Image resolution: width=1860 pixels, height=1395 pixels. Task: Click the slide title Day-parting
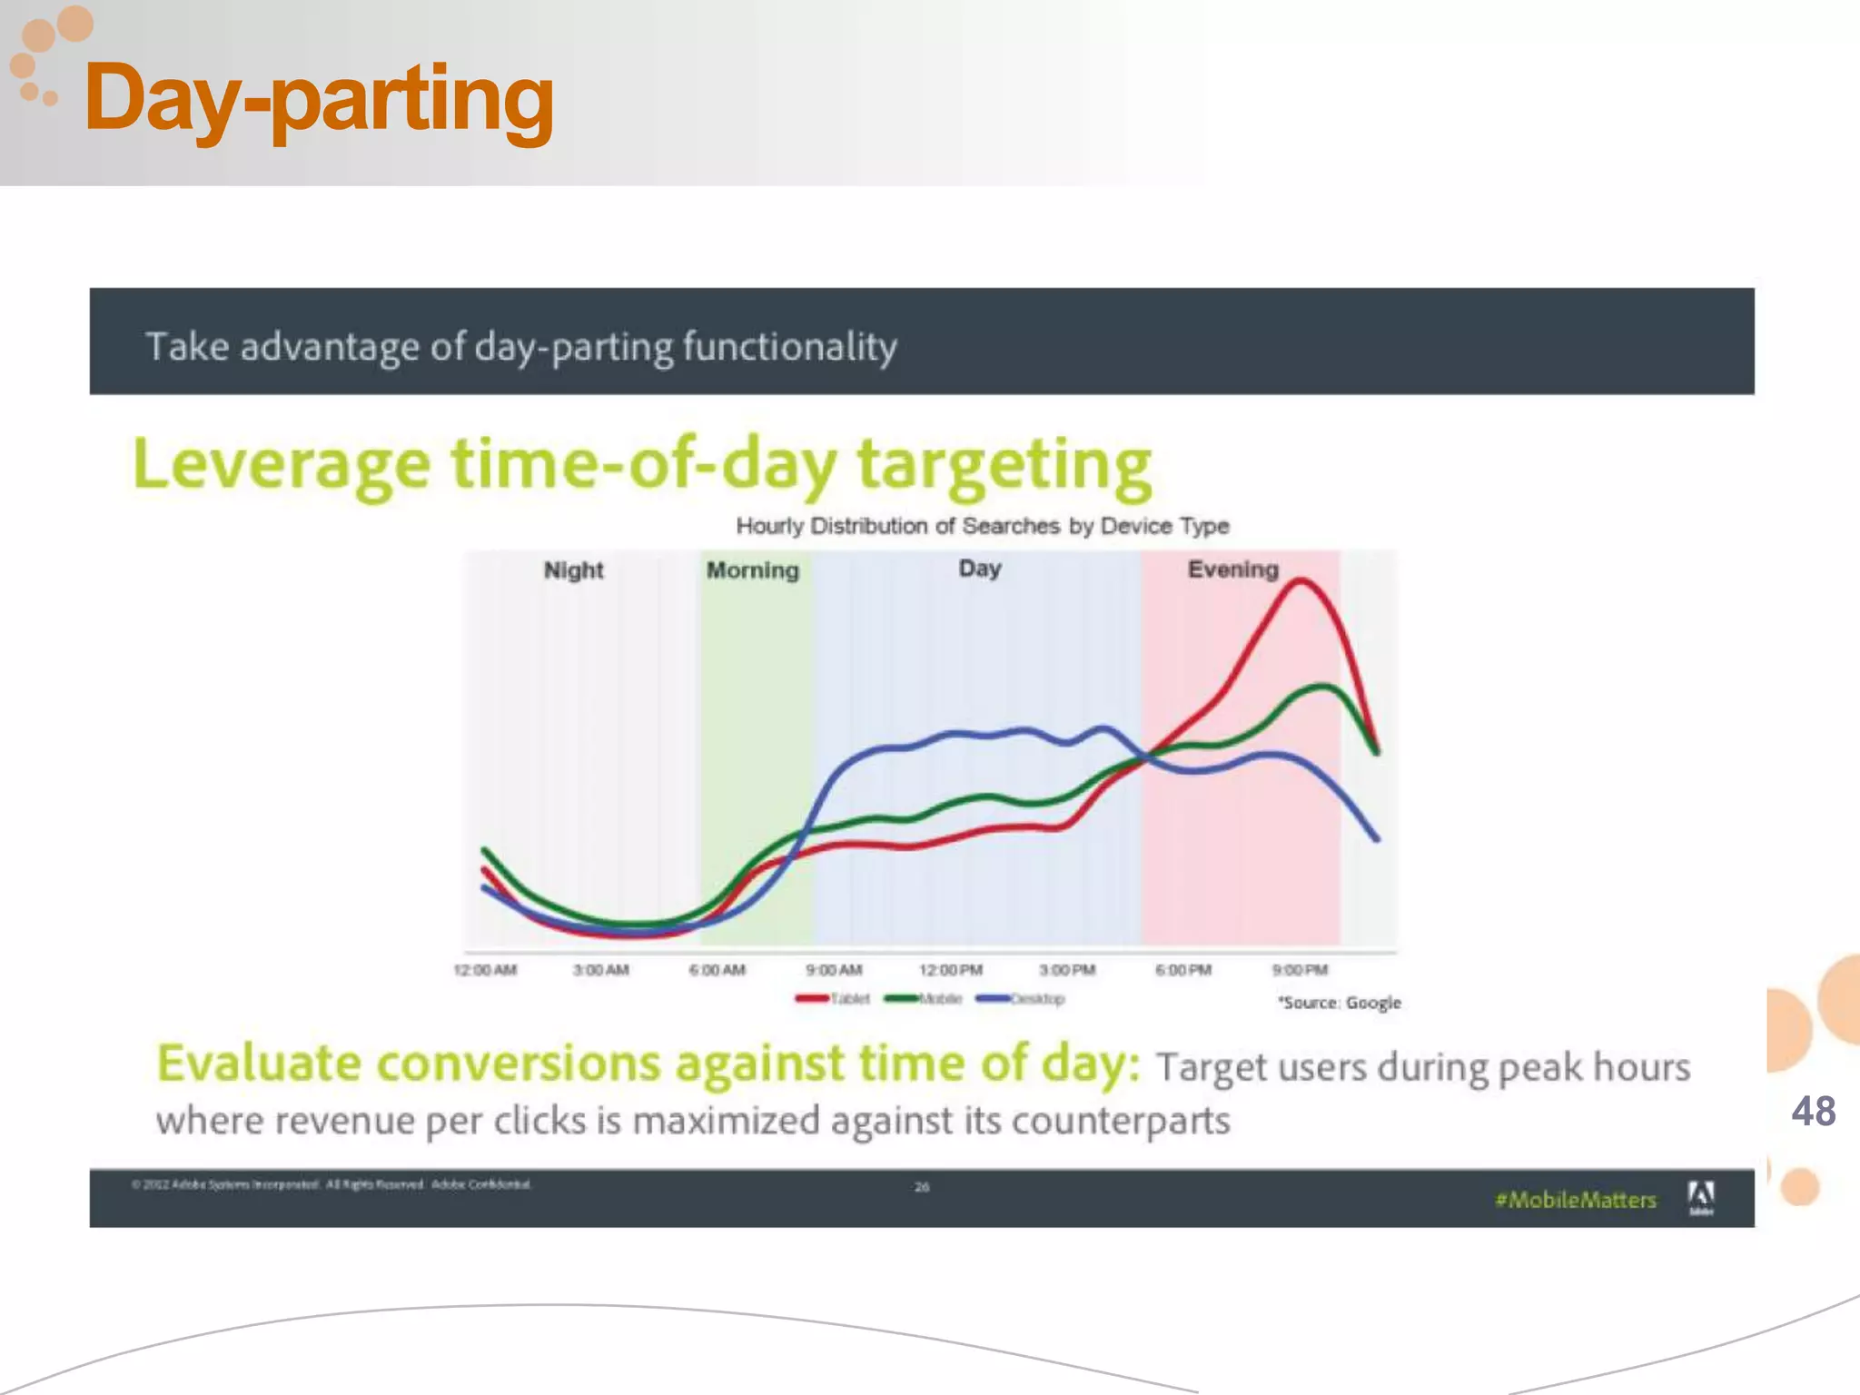318,98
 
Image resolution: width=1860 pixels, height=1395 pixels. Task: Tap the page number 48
1813,1112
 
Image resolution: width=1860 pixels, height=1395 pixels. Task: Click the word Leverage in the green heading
282,465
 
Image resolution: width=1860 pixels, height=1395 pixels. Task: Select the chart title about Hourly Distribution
982,526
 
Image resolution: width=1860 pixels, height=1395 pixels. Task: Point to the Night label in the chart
573,570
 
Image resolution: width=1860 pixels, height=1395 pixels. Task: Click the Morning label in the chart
753,570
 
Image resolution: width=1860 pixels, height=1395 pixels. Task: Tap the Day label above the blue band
980,569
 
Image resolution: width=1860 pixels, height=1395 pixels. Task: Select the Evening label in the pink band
1232,569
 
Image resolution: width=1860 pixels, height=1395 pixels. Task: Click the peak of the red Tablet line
1300,581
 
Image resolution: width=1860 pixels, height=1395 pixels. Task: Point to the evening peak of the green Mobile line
1322,687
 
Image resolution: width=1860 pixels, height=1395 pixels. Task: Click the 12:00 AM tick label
485,970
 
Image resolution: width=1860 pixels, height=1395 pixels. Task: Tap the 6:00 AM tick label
717,970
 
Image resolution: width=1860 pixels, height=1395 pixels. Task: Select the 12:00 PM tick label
951,970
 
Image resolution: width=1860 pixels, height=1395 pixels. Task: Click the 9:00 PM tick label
1300,970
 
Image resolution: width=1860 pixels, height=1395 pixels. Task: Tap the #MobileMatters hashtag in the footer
1576,1200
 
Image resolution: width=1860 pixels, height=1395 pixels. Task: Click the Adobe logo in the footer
1700,1197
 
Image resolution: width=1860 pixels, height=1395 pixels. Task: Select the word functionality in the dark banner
789,347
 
